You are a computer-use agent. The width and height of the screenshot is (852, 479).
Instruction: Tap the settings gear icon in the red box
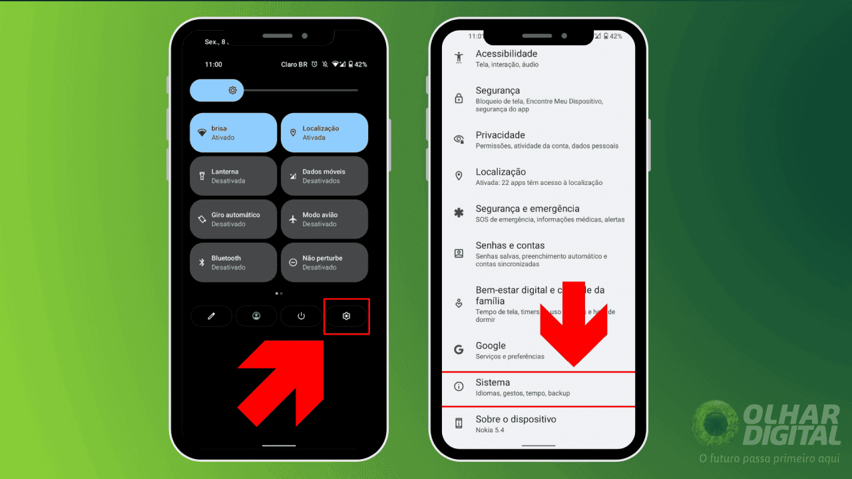coord(346,316)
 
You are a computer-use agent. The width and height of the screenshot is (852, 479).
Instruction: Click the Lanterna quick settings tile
coord(233,176)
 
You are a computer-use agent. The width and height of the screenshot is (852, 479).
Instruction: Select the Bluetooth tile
coord(233,262)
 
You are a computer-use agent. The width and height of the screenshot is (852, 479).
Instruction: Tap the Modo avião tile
coord(324,219)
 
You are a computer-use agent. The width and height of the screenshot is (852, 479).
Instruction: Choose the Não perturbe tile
coord(324,262)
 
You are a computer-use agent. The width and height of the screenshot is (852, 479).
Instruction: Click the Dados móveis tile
coord(324,176)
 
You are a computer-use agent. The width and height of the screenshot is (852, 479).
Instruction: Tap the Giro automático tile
coord(233,219)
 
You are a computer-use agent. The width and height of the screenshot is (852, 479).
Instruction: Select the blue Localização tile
coord(324,132)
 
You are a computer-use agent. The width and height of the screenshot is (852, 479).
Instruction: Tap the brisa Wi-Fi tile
coord(233,132)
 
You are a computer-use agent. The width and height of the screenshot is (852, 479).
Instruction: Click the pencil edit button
coord(211,316)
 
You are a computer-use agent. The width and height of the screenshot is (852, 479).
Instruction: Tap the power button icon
coord(301,316)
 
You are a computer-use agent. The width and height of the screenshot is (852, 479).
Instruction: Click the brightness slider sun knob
coord(232,90)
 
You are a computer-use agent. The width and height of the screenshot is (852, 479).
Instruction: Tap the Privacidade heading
coord(500,135)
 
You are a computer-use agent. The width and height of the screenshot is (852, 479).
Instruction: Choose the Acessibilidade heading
coord(506,54)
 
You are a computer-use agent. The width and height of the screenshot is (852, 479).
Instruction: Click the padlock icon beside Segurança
coord(459,98)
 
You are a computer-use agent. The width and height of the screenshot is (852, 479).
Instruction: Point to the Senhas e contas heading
coord(510,245)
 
